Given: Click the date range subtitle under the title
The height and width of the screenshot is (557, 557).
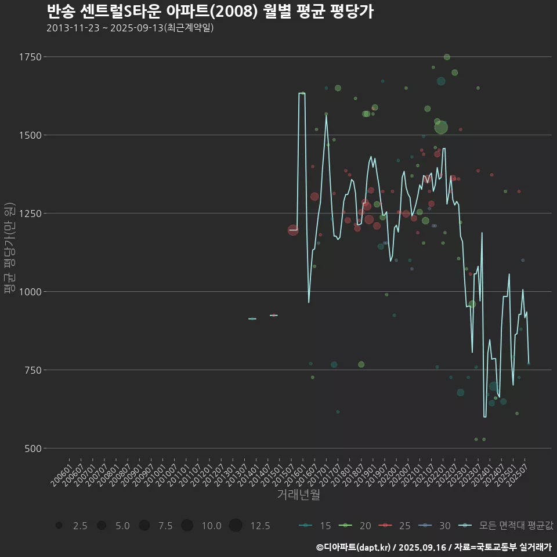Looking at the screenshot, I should pyautogui.click(x=130, y=28).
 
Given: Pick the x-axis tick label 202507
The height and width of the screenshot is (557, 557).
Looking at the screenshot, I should pyautogui.click(x=518, y=475).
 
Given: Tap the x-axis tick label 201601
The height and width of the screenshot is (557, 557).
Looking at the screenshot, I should pyautogui.click(x=295, y=475).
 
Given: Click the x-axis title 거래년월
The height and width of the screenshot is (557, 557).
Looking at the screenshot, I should pyautogui.click(x=298, y=494).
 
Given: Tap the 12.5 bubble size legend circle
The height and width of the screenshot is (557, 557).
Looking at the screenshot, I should pyautogui.click(x=235, y=526).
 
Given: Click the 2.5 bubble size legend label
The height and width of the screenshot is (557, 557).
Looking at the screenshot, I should pyautogui.click(x=80, y=526).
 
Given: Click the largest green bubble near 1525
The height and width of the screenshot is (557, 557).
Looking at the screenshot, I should pyautogui.click(x=441, y=127).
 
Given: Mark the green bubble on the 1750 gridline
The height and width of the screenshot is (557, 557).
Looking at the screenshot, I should pyautogui.click(x=447, y=57).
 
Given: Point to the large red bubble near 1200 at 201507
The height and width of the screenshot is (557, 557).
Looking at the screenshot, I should pyautogui.click(x=294, y=230).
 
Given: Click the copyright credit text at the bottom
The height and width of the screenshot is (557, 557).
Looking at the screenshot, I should pyautogui.click(x=433, y=547).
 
